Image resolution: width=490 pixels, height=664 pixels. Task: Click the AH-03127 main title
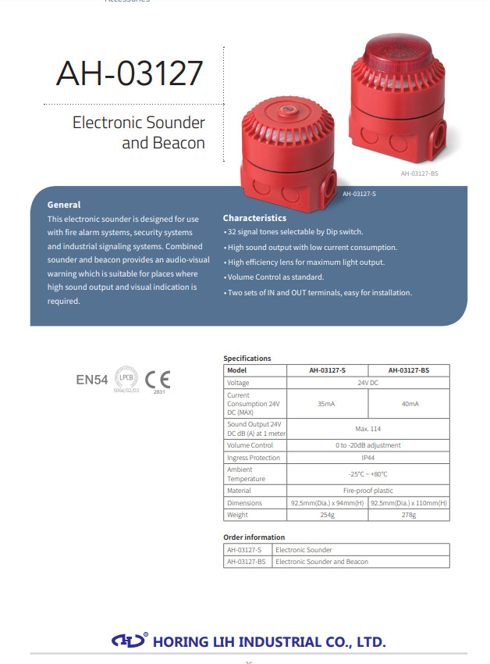point(130,73)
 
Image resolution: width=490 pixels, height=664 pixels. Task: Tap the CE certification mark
point(158,379)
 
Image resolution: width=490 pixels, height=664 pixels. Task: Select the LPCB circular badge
point(127,378)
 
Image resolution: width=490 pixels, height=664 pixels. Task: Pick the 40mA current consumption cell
point(409,403)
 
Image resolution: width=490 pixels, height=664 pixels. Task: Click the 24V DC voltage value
point(368,383)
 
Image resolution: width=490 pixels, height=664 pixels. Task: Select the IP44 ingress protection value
point(368,457)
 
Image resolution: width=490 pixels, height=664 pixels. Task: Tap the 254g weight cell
point(327,515)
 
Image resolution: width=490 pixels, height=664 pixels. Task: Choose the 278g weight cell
point(409,515)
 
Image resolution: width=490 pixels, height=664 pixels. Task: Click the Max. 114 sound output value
point(368,428)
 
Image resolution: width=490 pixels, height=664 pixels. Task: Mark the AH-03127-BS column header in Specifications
point(409,370)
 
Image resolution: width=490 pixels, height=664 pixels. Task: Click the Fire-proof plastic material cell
point(368,491)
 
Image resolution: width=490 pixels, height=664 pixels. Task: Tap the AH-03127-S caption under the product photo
point(359,193)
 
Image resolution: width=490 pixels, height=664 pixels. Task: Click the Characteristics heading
point(254,218)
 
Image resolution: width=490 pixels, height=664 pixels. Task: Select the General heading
point(64,205)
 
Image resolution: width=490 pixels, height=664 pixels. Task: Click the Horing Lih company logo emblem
point(130,641)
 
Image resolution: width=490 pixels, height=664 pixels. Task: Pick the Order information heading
point(254,537)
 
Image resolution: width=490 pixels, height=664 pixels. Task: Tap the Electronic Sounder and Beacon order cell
point(321,562)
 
